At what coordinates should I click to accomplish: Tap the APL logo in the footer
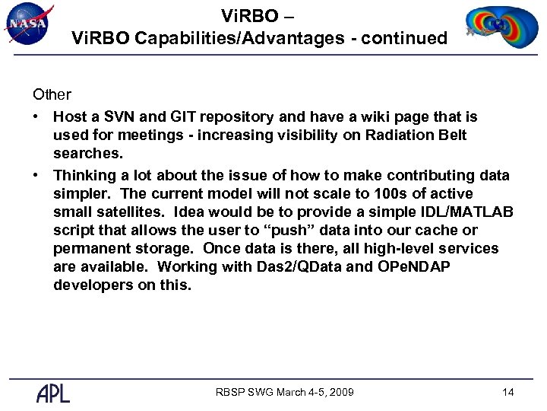point(53,392)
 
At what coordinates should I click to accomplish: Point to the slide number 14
point(508,392)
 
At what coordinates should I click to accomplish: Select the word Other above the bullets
point(52,95)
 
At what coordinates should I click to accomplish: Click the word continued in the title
point(407,37)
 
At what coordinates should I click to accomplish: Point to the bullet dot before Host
point(36,117)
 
